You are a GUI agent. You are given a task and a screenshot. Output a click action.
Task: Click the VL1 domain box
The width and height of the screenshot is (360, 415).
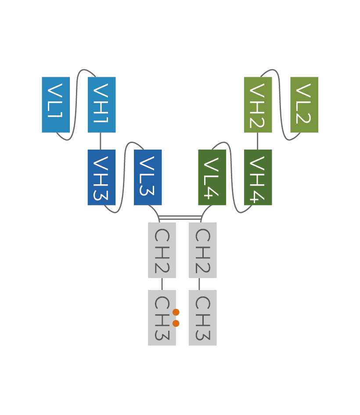(56, 104)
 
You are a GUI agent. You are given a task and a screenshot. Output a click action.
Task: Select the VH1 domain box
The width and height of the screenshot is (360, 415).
(102, 104)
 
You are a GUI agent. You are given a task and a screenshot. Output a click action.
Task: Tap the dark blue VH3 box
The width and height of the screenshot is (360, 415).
(101, 177)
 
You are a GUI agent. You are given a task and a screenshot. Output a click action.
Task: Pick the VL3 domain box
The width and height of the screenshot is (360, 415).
(148, 177)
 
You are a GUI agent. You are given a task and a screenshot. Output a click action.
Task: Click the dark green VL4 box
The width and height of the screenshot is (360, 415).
(212, 177)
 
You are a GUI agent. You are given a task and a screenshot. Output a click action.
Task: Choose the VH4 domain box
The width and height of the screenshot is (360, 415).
(258, 177)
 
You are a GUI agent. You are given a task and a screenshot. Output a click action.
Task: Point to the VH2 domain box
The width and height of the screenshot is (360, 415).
(258, 104)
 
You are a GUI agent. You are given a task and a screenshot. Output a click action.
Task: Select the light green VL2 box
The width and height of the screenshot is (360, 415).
(304, 104)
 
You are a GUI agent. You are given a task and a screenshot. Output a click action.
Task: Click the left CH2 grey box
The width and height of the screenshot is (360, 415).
(162, 250)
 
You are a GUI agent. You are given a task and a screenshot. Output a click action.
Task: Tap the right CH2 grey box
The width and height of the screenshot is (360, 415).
(203, 250)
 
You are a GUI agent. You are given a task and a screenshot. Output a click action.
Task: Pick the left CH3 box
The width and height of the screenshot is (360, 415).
(162, 318)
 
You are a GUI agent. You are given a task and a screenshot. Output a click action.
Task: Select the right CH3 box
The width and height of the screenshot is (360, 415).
(203, 318)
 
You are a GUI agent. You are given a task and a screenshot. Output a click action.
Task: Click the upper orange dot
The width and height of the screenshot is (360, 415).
(176, 312)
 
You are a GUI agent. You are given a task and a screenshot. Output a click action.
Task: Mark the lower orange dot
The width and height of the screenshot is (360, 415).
(176, 323)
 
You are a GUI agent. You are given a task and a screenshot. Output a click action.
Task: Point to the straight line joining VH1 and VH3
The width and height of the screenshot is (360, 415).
(101, 141)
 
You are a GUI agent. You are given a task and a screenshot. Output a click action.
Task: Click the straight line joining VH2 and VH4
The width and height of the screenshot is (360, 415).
(257, 141)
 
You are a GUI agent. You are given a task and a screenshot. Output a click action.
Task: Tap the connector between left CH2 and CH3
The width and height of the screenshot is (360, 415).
(162, 284)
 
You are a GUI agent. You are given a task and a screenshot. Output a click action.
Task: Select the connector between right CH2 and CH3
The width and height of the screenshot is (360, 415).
(199, 284)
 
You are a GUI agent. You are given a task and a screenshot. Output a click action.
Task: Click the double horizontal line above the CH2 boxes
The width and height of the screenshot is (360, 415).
(180, 218)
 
